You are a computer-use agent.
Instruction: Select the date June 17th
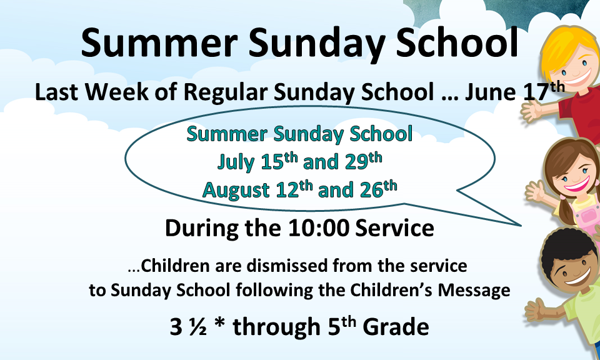[514, 91]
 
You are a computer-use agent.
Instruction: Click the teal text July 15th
[257, 161]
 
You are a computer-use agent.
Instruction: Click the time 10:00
[319, 227]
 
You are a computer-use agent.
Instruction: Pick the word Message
[474, 290]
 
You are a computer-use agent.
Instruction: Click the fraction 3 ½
[188, 327]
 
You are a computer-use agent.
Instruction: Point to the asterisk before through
[219, 324]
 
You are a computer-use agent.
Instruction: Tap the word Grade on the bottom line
[396, 327]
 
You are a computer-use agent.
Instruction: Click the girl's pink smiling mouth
[577, 185]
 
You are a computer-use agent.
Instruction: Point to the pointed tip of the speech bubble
[521, 226]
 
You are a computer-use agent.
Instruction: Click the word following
[274, 291]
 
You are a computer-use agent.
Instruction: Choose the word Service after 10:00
[394, 227]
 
